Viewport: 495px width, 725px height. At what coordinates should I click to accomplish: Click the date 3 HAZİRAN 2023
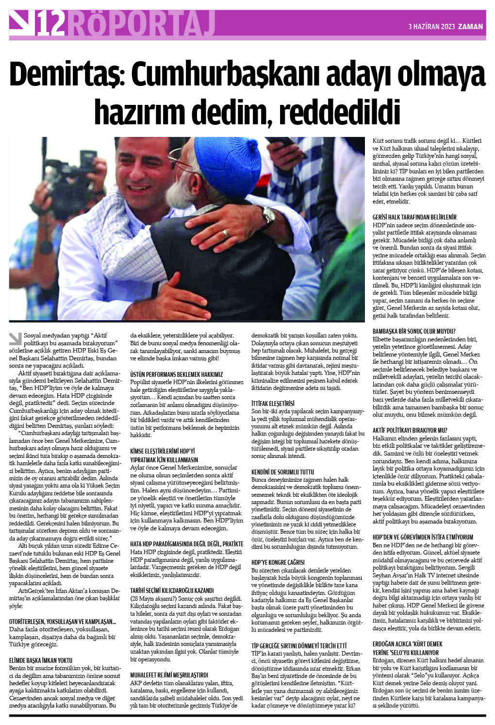tap(431, 26)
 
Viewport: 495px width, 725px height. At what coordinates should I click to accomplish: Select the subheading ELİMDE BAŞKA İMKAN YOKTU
tap(41, 660)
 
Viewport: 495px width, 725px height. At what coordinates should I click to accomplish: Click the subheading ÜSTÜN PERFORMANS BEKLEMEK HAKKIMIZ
tap(177, 374)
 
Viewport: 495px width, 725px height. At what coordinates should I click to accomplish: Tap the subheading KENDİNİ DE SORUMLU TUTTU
tap(282, 472)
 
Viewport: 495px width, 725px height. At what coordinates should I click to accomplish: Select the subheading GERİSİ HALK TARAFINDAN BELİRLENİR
tap(414, 217)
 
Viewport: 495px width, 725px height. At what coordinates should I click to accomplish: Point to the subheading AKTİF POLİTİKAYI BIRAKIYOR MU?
tap(410, 430)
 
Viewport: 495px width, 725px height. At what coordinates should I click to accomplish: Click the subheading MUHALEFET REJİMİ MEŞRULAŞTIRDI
tap(169, 674)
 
